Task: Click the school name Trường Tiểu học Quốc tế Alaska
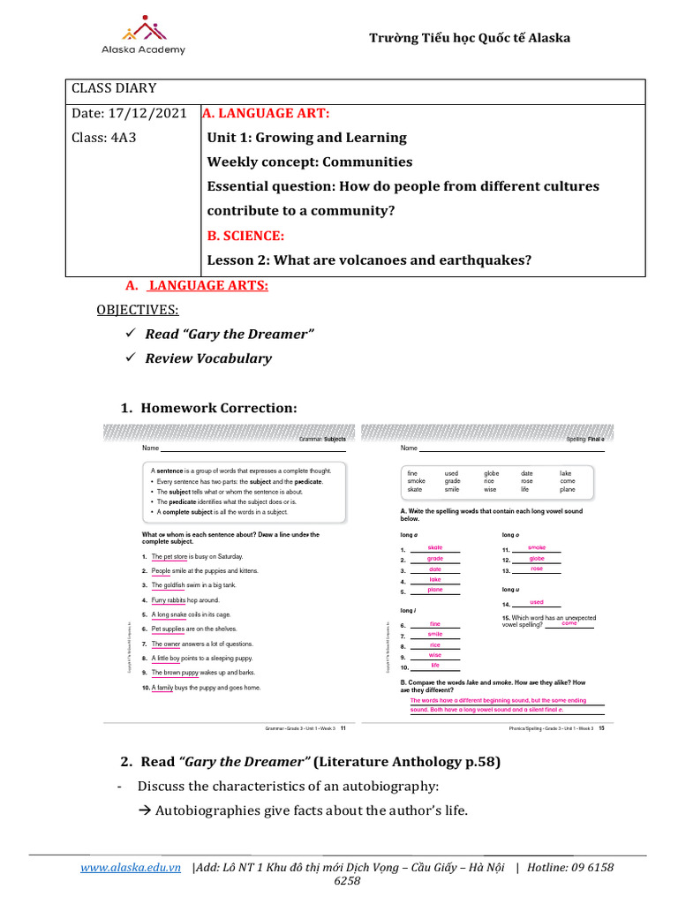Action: [469, 38]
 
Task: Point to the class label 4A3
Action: [124, 138]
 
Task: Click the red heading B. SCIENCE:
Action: [245, 236]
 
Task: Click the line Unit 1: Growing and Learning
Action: [306, 138]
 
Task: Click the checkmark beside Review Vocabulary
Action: [130, 358]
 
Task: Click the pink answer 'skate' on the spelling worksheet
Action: [434, 547]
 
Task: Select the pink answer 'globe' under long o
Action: [536, 558]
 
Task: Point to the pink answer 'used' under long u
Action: [537, 601]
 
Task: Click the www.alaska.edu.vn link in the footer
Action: [131, 868]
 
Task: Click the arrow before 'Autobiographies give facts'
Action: [146, 810]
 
